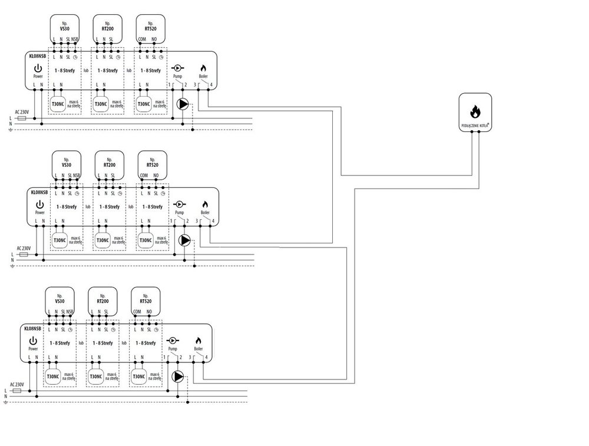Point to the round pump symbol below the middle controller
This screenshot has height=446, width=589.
coord(185,240)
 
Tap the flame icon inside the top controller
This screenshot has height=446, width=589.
coord(204,68)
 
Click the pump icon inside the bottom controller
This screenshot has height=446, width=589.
coord(173,341)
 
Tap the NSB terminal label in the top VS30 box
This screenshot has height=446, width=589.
coord(75,39)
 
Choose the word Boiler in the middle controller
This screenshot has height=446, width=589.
coord(206,212)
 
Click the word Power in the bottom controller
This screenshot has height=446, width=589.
coord(33,349)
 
